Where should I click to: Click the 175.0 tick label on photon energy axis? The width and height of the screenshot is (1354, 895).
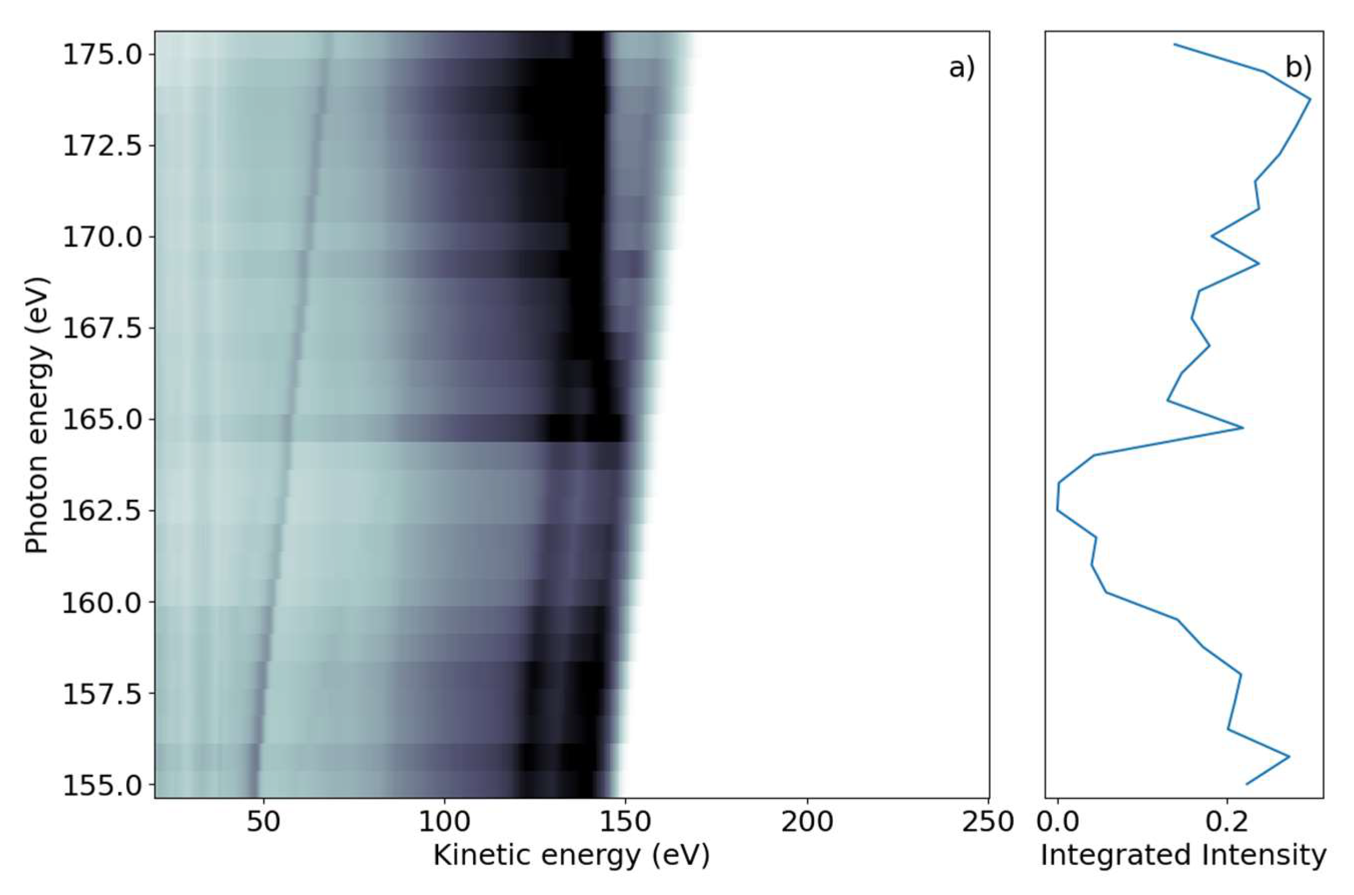click(101, 55)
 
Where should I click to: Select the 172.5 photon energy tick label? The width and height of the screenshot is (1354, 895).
click(101, 146)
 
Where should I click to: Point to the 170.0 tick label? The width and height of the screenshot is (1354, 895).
click(101, 237)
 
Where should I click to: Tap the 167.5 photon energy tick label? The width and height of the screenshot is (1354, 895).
click(101, 329)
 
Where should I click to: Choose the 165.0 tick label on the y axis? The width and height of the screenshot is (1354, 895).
click(101, 420)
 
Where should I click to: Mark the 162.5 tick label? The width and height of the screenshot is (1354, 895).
click(101, 511)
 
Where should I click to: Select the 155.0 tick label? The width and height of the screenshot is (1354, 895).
click(101, 786)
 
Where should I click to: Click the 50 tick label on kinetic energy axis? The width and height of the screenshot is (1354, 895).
click(263, 822)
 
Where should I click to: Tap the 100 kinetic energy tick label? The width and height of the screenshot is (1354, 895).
click(444, 822)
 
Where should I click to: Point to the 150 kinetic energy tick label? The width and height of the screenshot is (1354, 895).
click(626, 822)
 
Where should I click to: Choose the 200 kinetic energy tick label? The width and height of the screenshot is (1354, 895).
click(807, 822)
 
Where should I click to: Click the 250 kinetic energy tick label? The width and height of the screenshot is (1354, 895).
click(988, 822)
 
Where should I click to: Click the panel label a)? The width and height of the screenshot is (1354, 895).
click(962, 68)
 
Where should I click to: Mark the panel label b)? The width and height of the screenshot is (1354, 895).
click(1298, 68)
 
